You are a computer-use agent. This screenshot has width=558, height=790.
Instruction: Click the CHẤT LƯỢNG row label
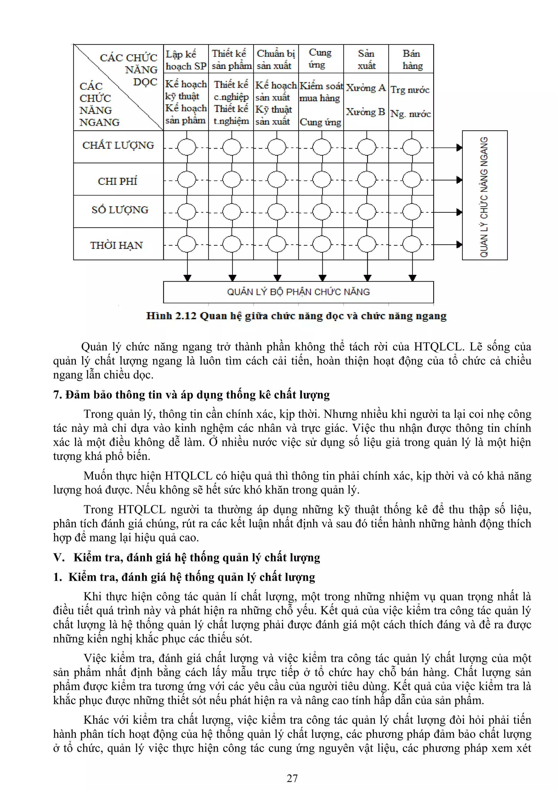coord(118,145)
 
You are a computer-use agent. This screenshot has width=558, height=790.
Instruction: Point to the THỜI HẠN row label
coord(116,245)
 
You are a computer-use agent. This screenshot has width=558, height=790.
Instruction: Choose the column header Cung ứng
coord(320,58)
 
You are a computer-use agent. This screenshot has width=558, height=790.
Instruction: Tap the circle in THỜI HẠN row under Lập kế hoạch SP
coord(187,245)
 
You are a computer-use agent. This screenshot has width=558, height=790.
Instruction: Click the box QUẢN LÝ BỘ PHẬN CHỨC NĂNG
coord(298,292)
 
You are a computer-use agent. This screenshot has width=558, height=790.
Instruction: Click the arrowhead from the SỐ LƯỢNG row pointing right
coord(459,212)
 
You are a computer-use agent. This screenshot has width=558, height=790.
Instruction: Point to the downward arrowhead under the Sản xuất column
coord(367,277)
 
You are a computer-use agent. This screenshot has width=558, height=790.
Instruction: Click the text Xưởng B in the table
coord(365,112)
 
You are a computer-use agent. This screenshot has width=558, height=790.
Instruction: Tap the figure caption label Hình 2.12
coord(171,316)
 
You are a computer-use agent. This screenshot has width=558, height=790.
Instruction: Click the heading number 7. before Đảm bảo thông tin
coord(58,395)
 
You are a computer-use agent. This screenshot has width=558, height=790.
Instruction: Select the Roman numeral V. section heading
coord(59,557)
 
